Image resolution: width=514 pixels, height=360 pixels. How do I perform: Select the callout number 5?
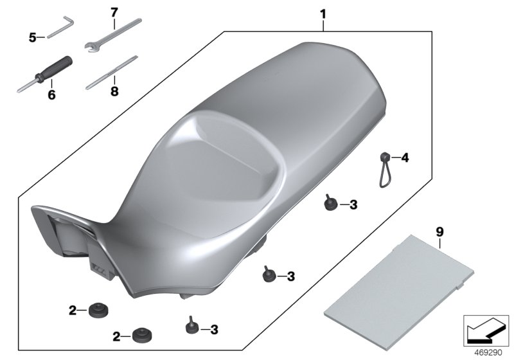pos(31,37)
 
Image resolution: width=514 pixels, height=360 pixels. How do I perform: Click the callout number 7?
pos(114,12)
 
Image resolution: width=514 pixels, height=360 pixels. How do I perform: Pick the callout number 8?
pos(114,91)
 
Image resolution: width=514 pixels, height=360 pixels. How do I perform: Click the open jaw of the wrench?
pos(91,46)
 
